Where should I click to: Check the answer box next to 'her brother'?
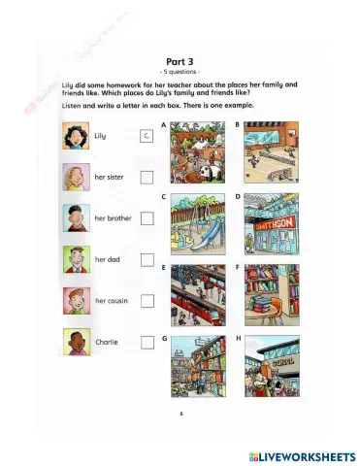pyautogui.click(x=147, y=218)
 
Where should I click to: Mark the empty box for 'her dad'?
pyautogui.click(x=147, y=259)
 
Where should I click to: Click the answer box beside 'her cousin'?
pyautogui.click(x=147, y=300)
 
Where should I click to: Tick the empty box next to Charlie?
pyautogui.click(x=147, y=342)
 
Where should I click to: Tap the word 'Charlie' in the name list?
pyautogui.click(x=107, y=342)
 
